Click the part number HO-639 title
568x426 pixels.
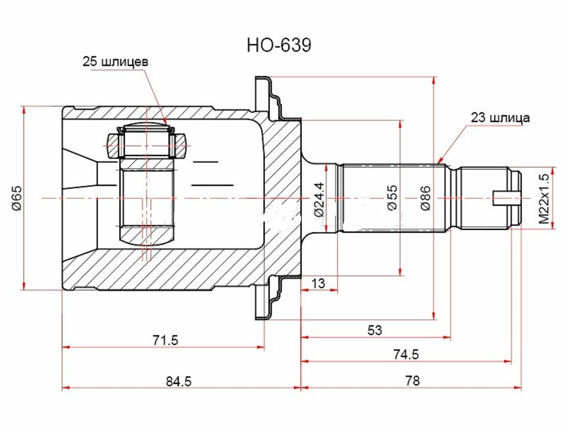[x=279, y=46]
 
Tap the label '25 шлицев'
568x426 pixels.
[x=115, y=62]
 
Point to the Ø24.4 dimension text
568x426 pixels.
[x=319, y=200]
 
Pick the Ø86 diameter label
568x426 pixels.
[x=426, y=198]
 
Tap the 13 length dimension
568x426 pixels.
[x=318, y=284]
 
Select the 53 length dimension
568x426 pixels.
[x=375, y=330]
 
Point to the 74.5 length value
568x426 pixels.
[x=406, y=354]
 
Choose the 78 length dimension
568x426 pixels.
[x=413, y=381]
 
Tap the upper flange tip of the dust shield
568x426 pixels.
[x=262, y=78]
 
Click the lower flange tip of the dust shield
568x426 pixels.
[x=262, y=318]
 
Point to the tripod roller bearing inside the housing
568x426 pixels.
[x=147, y=143]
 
